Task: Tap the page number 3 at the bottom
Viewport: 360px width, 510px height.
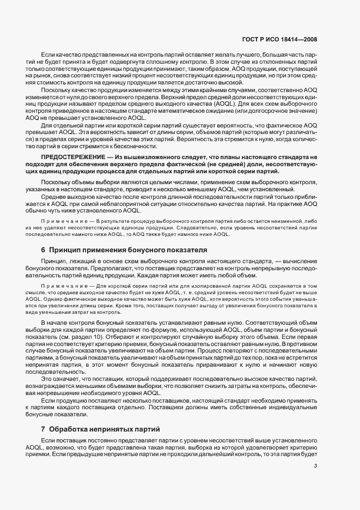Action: coord(316,465)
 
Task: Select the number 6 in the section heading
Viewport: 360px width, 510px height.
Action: coord(44,250)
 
